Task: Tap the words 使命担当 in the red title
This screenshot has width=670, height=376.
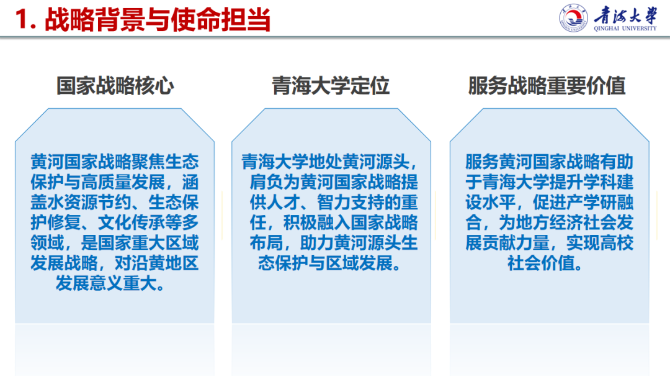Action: point(220,20)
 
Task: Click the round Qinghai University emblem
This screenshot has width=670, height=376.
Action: point(573,18)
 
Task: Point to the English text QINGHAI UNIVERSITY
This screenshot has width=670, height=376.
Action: point(625,28)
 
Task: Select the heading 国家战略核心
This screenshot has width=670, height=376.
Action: point(115,86)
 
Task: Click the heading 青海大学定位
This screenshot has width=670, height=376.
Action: point(331,86)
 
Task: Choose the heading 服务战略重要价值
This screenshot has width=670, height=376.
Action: point(547,86)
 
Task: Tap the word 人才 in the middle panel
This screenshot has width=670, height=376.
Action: point(284,203)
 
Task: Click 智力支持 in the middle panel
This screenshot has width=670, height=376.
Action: point(351,203)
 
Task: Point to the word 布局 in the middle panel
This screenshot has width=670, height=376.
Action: point(267,243)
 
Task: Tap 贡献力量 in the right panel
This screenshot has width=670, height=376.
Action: point(516,243)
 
